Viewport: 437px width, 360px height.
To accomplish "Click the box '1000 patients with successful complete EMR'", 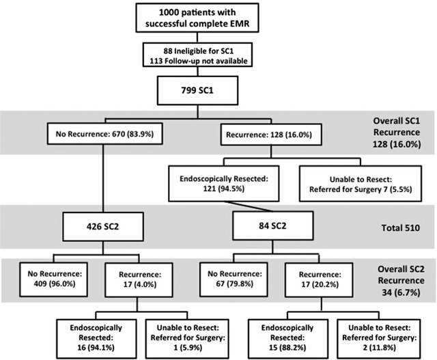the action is (197, 18).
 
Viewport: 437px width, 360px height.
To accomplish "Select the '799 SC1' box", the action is (197, 91).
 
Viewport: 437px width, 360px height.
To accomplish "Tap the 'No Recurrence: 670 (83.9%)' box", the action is (104, 134).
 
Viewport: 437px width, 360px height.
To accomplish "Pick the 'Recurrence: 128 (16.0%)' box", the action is (271, 135).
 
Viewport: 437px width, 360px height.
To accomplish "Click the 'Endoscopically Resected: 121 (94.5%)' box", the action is (224, 184).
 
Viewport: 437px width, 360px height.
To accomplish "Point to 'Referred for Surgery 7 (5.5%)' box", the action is (361, 184).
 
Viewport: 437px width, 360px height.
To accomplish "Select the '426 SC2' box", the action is (103, 226).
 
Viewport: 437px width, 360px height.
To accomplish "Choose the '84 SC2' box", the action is (273, 225).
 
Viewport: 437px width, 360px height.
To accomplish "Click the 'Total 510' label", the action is (401, 228).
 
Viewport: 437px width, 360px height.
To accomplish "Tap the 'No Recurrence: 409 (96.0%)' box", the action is (53, 279).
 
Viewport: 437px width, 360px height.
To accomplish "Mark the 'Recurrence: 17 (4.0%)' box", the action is (139, 279).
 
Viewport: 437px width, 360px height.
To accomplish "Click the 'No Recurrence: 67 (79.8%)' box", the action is (234, 279).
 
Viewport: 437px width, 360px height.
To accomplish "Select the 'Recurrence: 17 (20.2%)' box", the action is (319, 279).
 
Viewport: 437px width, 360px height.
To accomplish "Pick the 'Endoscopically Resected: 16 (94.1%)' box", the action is (96, 339).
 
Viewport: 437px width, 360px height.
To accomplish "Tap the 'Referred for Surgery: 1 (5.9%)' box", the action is (187, 339).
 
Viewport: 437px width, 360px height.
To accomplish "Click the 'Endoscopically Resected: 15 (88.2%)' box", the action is (288, 339).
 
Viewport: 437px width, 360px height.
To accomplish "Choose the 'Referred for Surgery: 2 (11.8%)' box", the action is (379, 339).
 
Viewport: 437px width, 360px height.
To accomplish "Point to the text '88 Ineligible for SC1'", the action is (198, 51).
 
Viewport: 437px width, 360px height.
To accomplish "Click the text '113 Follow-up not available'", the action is (199, 61).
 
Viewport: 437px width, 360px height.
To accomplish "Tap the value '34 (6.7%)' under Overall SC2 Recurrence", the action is (401, 292).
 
